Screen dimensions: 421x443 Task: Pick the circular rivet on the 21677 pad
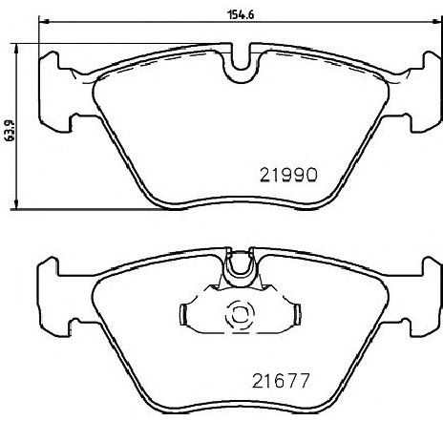click(x=236, y=316)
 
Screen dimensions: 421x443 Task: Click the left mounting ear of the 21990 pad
click(x=53, y=88)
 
